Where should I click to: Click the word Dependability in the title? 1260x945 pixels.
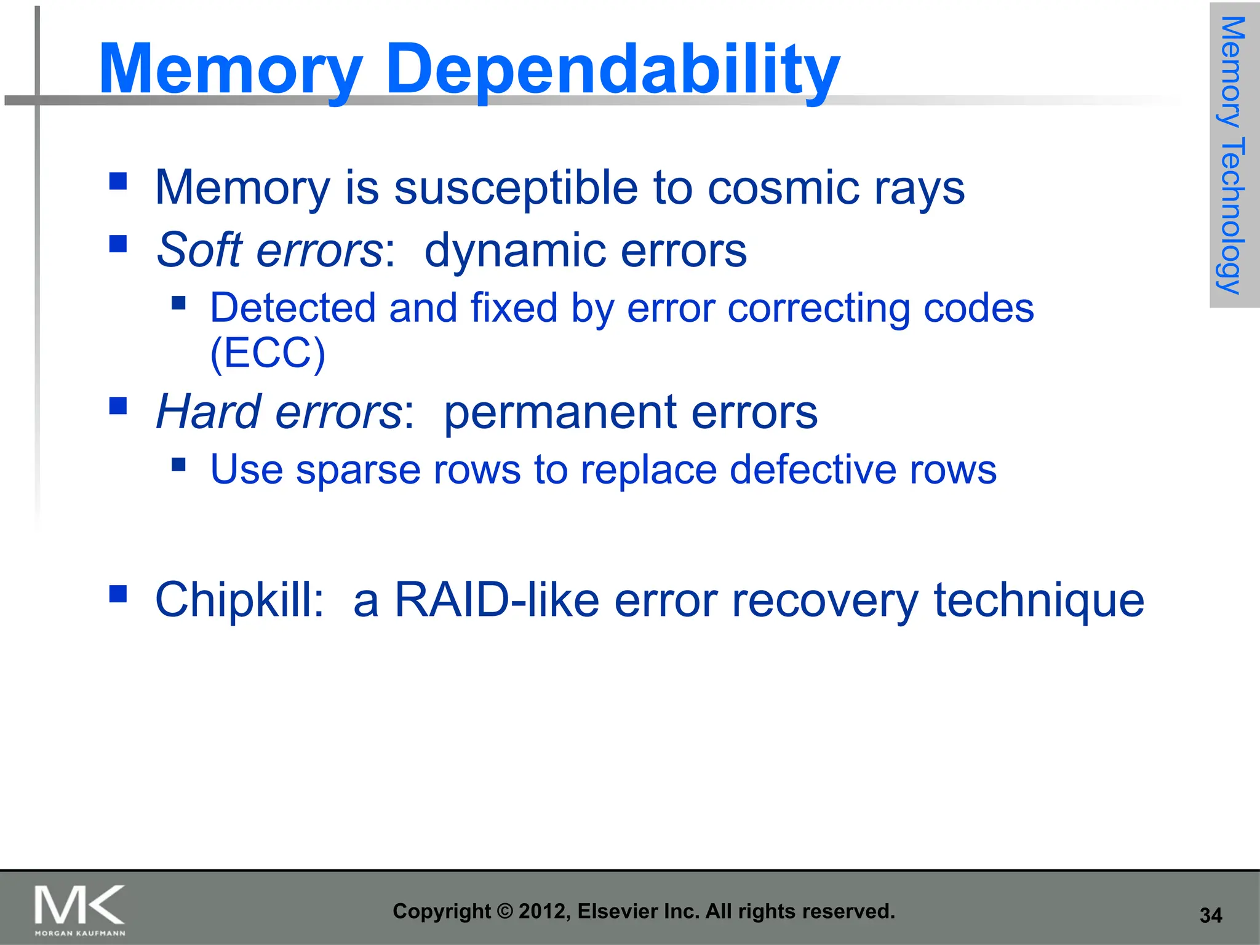[x=612, y=69]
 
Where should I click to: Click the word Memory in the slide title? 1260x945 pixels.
[x=231, y=69]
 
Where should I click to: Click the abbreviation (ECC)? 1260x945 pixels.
[x=268, y=353]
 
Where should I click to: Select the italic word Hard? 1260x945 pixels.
[x=208, y=412]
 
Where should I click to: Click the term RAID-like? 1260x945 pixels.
[x=496, y=600]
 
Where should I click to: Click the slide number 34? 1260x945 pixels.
[x=1210, y=915]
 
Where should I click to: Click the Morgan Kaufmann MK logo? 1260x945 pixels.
[x=79, y=909]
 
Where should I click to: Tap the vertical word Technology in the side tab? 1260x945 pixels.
[x=1232, y=215]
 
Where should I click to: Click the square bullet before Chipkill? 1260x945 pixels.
[x=118, y=593]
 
